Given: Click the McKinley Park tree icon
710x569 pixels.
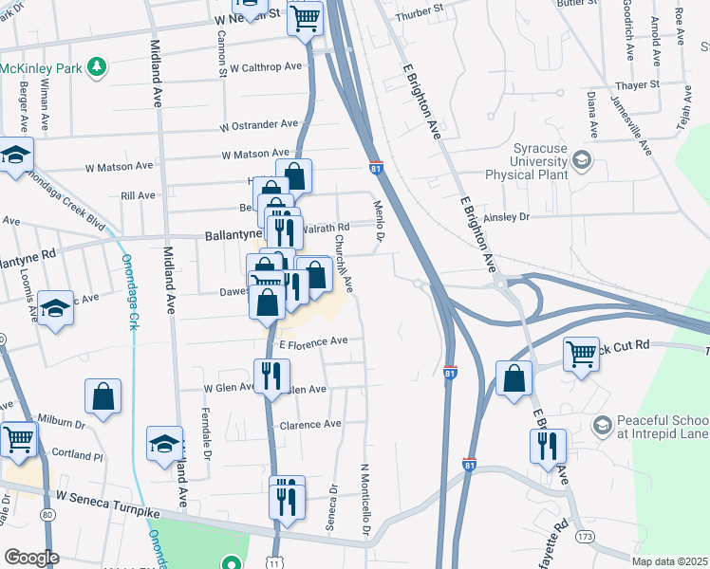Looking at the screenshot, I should pyautogui.click(x=95, y=66).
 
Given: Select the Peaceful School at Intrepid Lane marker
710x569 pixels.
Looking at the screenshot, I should pyautogui.click(x=600, y=426).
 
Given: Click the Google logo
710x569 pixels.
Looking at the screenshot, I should pyautogui.click(x=31, y=558).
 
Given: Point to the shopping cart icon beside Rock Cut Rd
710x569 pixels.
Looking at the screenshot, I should pyautogui.click(x=582, y=355).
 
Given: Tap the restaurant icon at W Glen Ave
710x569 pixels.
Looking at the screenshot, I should pyautogui.click(x=271, y=376).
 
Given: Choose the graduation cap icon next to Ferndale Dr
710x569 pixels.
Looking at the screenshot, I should pyautogui.click(x=164, y=443).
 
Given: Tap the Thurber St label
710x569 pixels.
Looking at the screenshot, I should pyautogui.click(x=420, y=8).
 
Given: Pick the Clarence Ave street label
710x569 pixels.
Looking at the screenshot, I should pyautogui.click(x=309, y=424).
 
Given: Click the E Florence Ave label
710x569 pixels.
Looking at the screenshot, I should pyautogui.click(x=312, y=340).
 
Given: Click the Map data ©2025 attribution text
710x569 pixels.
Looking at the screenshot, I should pyautogui.click(x=670, y=561).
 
